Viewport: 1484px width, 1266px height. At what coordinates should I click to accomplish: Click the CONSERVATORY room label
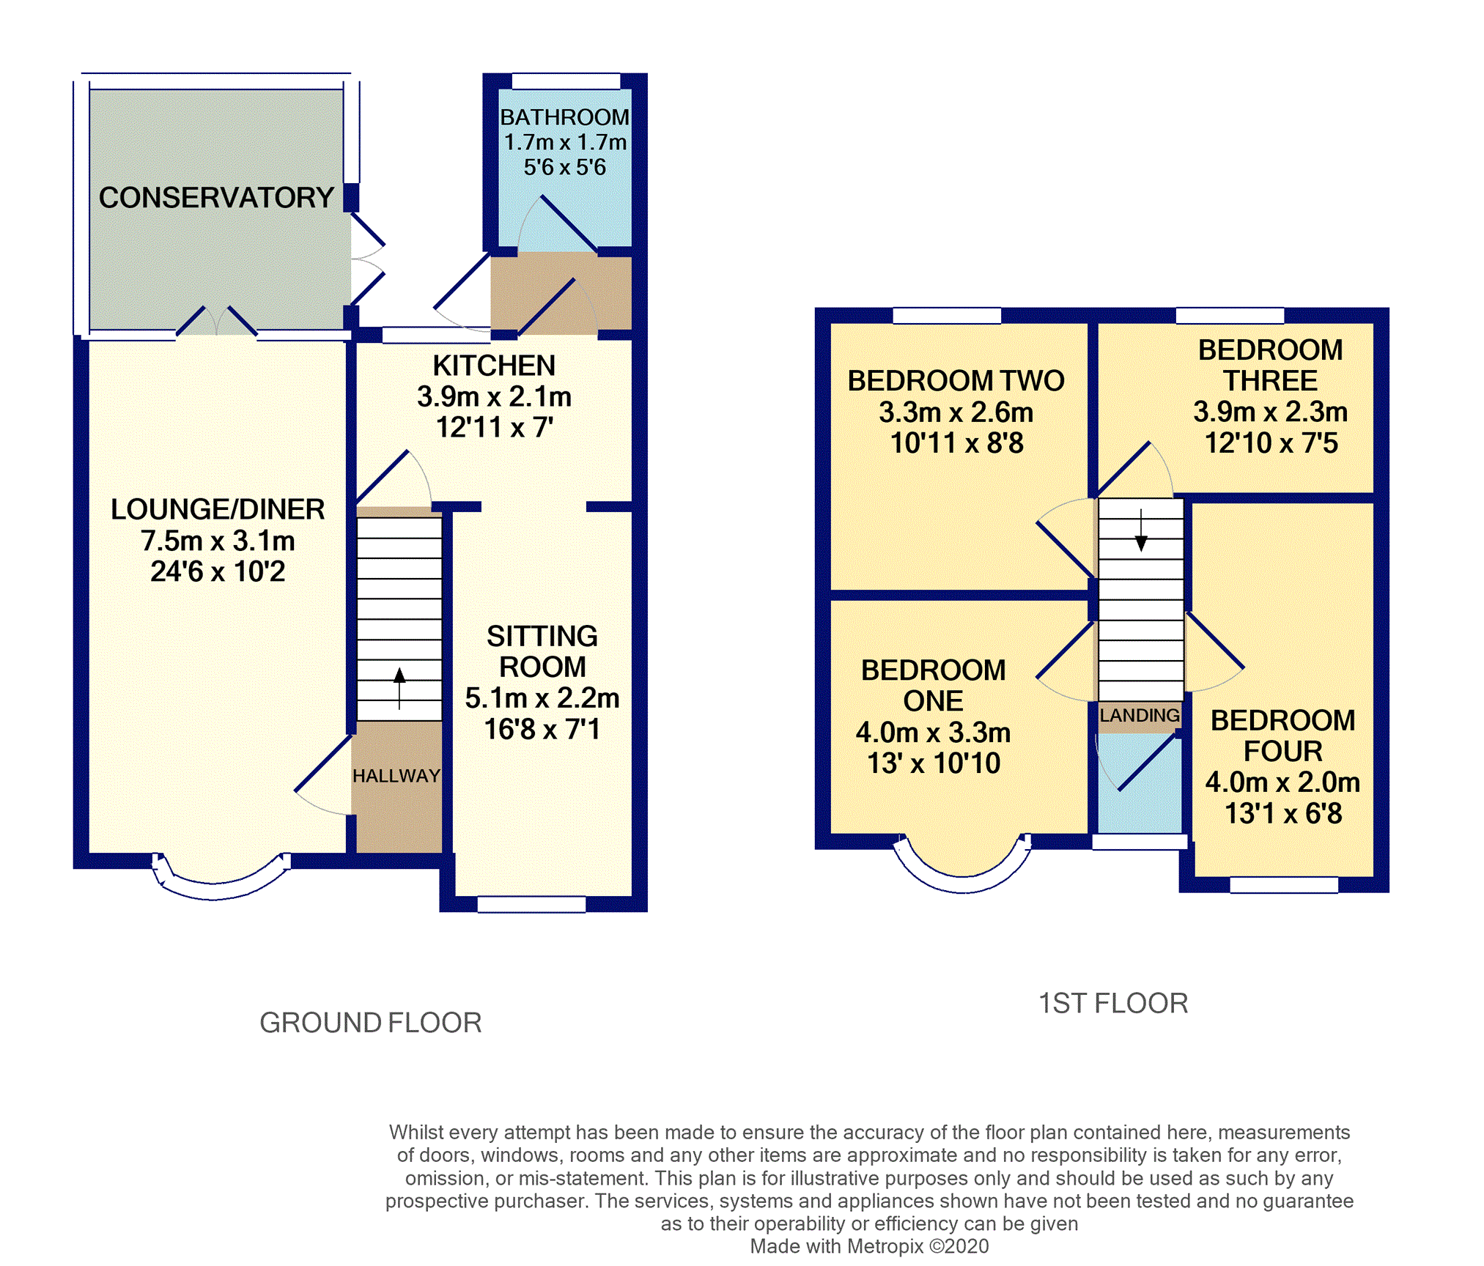(x=216, y=198)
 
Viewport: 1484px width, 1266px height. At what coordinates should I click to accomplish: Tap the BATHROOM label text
(x=564, y=117)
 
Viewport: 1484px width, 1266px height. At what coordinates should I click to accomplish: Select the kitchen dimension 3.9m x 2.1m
(x=494, y=396)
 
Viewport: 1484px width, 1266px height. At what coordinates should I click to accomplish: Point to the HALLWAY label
(x=396, y=776)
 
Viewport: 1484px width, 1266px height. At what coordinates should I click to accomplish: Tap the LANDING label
(x=1140, y=715)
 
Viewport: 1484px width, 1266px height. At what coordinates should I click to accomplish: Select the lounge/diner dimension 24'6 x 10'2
(x=218, y=571)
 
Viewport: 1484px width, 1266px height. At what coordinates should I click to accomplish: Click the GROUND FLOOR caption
(x=371, y=1023)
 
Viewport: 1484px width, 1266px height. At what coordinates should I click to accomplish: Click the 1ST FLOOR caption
(x=1112, y=1003)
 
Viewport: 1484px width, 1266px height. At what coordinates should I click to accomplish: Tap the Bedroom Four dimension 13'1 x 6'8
(x=1283, y=813)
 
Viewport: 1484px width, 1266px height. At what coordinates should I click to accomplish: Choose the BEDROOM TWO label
(x=956, y=381)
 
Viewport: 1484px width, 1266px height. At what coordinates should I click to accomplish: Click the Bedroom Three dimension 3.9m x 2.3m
(x=1270, y=412)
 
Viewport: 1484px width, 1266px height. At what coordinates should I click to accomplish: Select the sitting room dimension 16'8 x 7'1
(x=542, y=729)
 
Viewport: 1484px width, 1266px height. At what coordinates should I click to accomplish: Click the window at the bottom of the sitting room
(x=531, y=905)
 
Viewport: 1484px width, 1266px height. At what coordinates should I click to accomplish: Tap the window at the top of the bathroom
(x=566, y=81)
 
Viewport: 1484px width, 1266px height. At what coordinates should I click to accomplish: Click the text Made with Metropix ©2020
(x=869, y=1246)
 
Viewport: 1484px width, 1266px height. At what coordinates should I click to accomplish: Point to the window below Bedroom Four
(x=1283, y=885)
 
